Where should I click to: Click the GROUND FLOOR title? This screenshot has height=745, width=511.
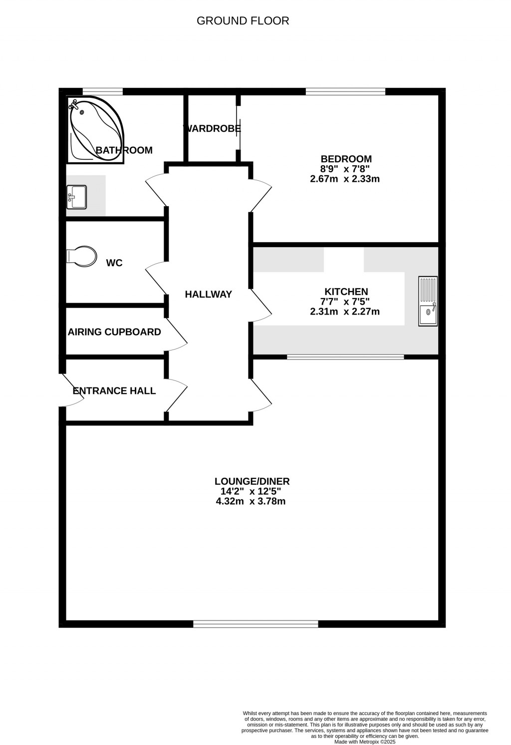pos(243,21)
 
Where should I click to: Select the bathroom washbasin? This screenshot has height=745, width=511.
pos(77,197)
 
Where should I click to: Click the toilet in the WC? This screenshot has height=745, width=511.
pos(81,257)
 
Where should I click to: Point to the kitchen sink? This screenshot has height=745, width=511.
pos(428,302)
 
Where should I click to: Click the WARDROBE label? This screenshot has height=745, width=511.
pos(213,129)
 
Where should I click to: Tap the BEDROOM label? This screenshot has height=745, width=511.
pos(346,159)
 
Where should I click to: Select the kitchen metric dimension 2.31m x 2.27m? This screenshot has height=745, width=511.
pos(345,312)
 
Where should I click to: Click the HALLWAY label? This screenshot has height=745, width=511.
pos(209,295)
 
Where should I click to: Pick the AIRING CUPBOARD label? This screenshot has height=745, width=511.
pos(114,332)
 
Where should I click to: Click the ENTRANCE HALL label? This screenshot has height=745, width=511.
pos(114,391)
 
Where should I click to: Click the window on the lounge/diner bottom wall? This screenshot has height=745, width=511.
pos(255,624)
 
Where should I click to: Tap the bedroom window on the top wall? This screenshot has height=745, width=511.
pos(345,91)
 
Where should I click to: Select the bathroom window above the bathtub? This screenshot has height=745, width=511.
pos(102,91)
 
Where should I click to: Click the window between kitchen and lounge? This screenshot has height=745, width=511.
pos(345,357)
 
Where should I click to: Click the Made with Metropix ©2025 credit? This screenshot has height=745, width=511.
pos(365,742)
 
